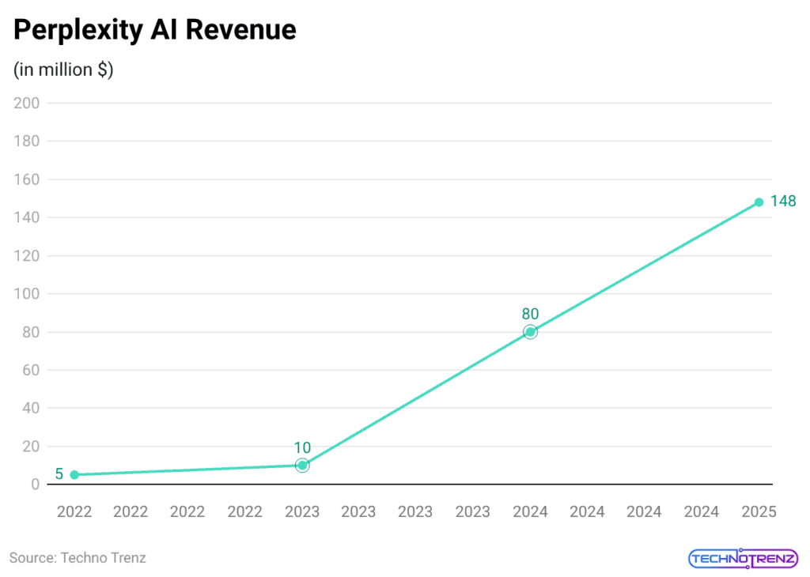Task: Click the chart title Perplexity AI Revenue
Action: [x=155, y=30]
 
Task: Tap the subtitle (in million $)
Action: [x=63, y=70]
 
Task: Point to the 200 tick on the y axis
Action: [x=28, y=104]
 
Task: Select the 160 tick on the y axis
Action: [x=28, y=179]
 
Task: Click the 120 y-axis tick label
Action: [x=28, y=256]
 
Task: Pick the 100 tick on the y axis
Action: [x=28, y=294]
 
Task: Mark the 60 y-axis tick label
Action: [x=31, y=370]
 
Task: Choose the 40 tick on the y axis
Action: [x=31, y=408]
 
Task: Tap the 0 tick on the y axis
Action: [x=35, y=485]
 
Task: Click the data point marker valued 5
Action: [x=74, y=475]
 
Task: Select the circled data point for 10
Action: [x=302, y=466]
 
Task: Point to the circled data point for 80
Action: [x=530, y=332]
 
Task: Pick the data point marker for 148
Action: [x=759, y=202]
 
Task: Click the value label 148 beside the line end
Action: [x=783, y=202]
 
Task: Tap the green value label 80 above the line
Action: [x=530, y=314]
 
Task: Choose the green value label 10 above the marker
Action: [x=302, y=447]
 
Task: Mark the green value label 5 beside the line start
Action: [x=59, y=475]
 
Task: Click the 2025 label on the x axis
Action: [x=759, y=512]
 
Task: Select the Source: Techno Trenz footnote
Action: [x=78, y=558]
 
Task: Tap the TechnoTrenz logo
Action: [x=742, y=559]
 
